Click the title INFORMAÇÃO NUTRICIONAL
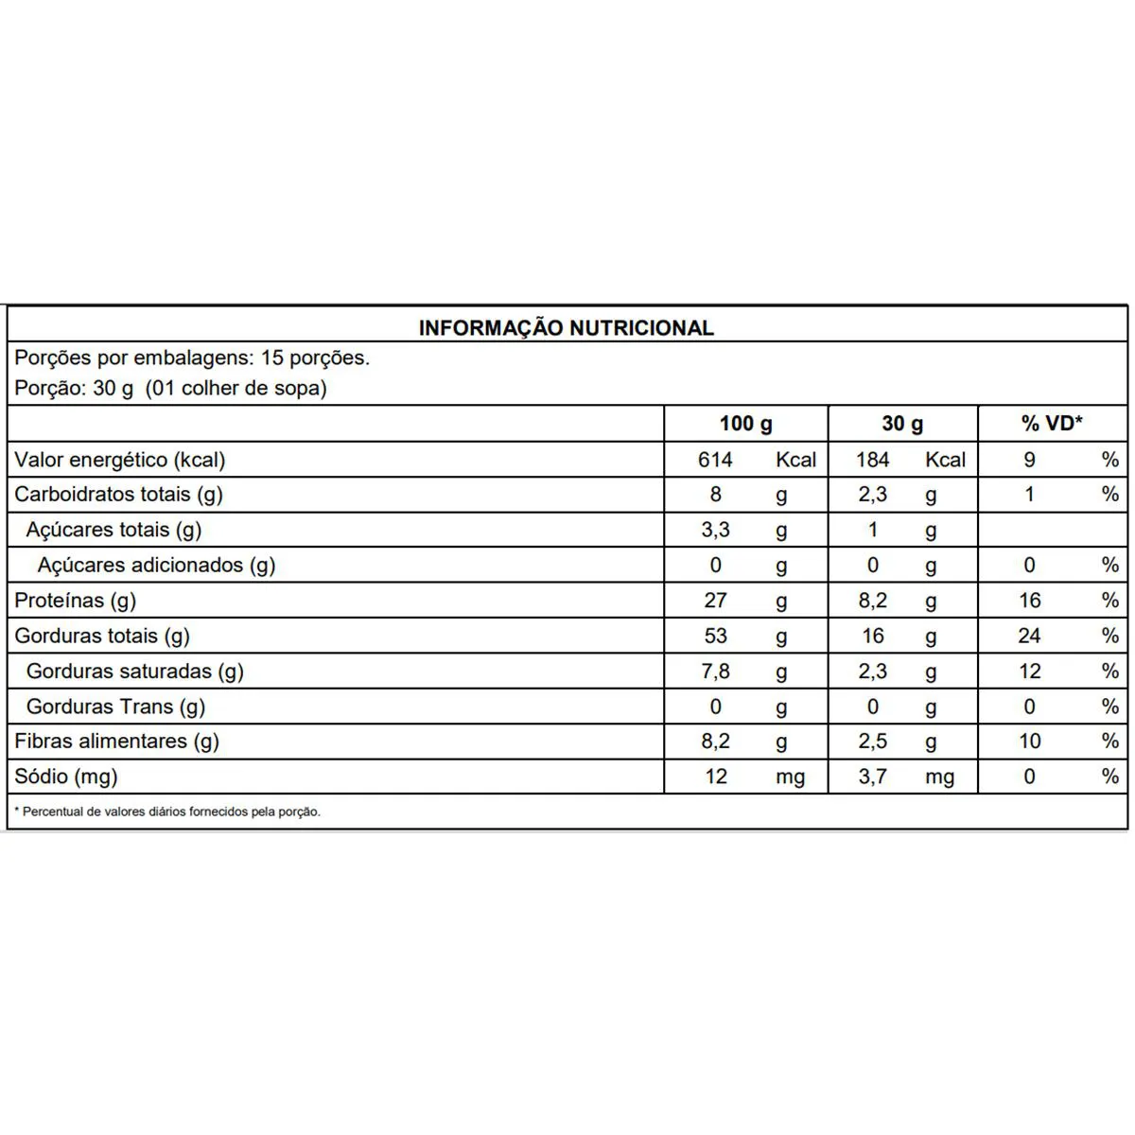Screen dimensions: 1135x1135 (566, 327)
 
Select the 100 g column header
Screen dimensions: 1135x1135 (745, 424)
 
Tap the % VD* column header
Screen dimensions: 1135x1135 (1052, 424)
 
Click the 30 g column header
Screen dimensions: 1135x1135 (902, 424)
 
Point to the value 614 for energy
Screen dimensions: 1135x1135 (715, 460)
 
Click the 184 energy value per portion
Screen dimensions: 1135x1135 (872, 460)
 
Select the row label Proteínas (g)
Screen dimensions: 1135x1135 (76, 601)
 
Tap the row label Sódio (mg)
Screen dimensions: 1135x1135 (66, 777)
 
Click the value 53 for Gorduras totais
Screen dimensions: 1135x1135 (715, 636)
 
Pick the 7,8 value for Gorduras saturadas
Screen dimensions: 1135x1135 (715, 671)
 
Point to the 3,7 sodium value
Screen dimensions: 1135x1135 (872, 777)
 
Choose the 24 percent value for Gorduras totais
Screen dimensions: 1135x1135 (1029, 636)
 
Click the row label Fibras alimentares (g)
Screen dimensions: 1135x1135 (116, 742)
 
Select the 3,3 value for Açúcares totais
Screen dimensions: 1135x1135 (715, 530)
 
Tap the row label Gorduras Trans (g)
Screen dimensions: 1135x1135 (115, 707)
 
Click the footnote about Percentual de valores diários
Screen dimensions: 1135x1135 (168, 812)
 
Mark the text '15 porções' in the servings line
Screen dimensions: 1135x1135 (314, 358)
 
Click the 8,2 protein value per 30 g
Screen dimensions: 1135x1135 (872, 601)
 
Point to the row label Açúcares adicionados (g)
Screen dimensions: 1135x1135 (156, 566)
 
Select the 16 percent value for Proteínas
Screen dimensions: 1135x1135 (1029, 601)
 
